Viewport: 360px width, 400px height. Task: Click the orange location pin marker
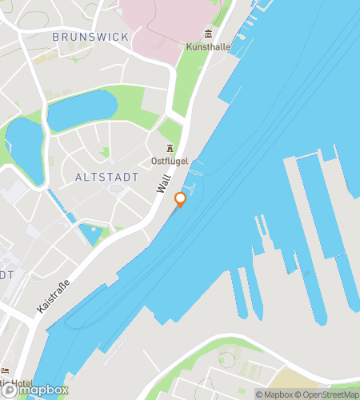pyautogui.click(x=180, y=199)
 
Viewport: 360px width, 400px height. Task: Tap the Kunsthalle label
pyautogui.click(x=208, y=47)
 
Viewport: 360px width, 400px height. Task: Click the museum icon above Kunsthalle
pyautogui.click(x=208, y=34)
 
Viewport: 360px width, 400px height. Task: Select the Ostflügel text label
pyautogui.click(x=170, y=161)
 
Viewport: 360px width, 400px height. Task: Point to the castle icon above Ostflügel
pyautogui.click(x=170, y=148)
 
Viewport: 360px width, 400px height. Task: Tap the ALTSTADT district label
pyautogui.click(x=101, y=176)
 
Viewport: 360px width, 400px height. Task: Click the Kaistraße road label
pyautogui.click(x=54, y=294)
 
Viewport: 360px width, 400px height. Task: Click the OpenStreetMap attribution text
pyautogui.click(x=329, y=394)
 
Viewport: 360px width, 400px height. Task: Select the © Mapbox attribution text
pyautogui.click(x=275, y=394)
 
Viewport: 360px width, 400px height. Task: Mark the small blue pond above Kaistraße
pyautogui.click(x=90, y=234)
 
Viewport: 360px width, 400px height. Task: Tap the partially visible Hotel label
pyautogui.click(x=18, y=382)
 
